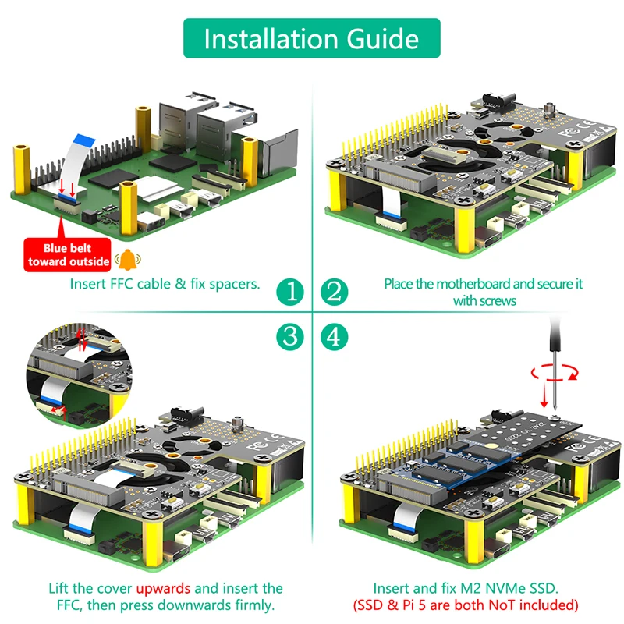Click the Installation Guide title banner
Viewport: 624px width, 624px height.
(x=312, y=38)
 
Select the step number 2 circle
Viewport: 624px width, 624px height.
(x=334, y=292)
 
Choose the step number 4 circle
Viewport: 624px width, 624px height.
(x=334, y=336)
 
